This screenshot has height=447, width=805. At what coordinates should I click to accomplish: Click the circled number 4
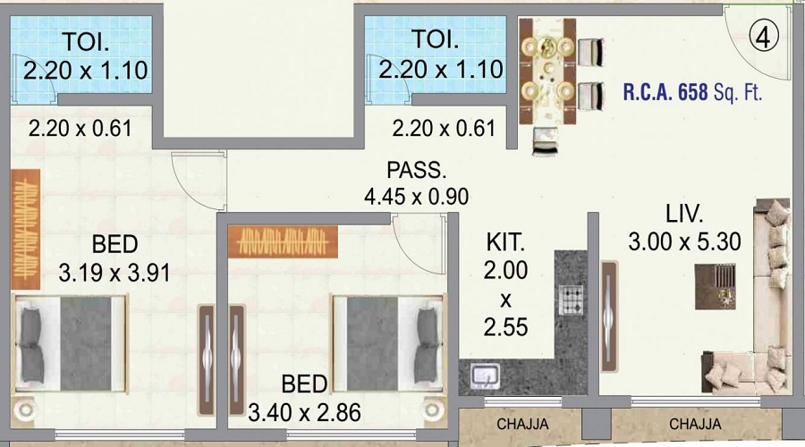pos(764,37)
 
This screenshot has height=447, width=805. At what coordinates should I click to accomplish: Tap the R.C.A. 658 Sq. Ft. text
pos(692,92)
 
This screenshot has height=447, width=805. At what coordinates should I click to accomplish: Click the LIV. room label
pos(684,214)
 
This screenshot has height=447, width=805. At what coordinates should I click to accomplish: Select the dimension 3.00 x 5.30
pos(684,241)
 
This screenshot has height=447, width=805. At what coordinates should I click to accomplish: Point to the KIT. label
pos(505,243)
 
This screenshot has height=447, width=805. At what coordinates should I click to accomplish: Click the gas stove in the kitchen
pos(571,299)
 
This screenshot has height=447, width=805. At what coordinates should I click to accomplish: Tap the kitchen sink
pos(485,376)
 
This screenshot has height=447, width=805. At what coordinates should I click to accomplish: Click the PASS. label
pos(416,170)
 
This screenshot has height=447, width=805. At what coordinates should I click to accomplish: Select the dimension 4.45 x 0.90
pos(416,196)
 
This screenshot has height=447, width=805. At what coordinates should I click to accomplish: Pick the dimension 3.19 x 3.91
pos(114,273)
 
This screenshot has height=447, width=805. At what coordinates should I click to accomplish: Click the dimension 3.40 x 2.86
pos(304,413)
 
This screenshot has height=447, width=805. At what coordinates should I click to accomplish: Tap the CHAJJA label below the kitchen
pos(522,425)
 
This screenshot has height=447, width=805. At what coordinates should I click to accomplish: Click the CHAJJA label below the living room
pos(695,424)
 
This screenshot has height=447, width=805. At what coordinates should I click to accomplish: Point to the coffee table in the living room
pos(716,287)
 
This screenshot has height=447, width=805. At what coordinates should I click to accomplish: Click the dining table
pos(547,72)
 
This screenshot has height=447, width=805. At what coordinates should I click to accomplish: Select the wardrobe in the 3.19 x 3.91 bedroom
pos(26,229)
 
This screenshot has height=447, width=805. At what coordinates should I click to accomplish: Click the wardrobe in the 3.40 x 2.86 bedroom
pos(283,241)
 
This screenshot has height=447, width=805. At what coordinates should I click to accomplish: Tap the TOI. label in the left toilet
pos(86,42)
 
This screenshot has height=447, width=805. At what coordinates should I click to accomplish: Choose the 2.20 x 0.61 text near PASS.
pos(444,129)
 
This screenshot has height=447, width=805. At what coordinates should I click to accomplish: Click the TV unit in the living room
pos(609,316)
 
